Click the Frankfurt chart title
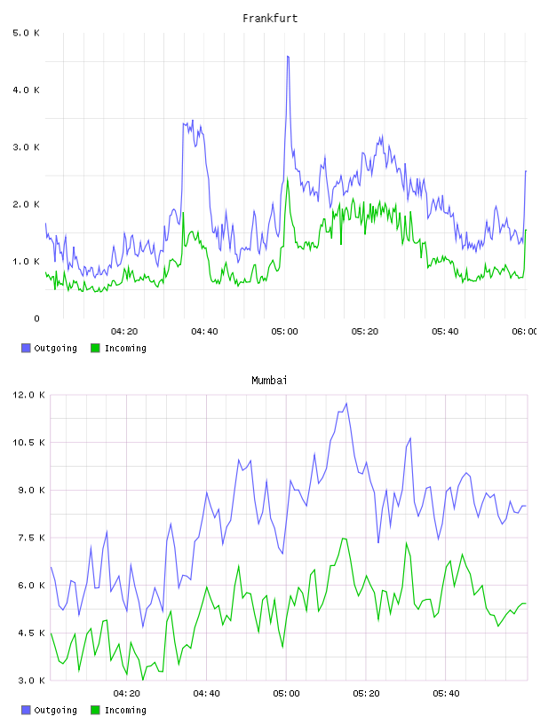point(270,19)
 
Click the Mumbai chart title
point(269,381)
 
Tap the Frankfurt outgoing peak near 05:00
point(288,56)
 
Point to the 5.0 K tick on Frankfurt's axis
point(26,33)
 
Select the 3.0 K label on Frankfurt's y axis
point(26,146)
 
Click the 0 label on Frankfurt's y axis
point(36,319)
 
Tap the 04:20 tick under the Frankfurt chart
point(124,331)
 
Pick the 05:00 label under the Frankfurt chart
point(284,331)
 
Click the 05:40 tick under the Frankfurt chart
point(445,331)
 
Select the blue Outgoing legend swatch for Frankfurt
point(26,348)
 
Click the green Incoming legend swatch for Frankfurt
point(95,348)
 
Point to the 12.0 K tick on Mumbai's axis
point(28,395)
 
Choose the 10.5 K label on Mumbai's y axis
point(28,443)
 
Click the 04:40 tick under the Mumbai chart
point(206,693)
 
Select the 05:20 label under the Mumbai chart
point(366,693)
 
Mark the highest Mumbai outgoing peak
point(346,404)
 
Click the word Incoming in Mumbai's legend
point(125,710)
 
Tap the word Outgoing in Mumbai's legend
point(55,710)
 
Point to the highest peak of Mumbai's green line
point(344,539)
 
